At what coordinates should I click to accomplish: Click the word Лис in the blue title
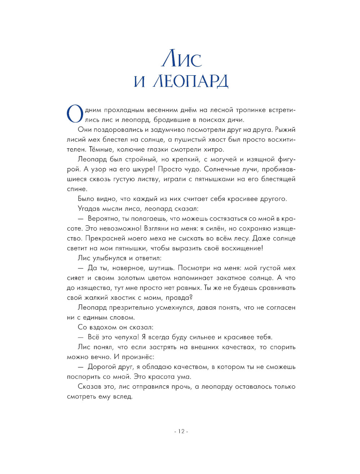[x=182, y=59]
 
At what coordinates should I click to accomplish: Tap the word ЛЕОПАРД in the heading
[x=190, y=81]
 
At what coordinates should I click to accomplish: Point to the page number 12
[x=181, y=431]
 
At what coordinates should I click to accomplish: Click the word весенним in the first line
[x=163, y=110]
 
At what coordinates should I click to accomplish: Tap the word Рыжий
[x=285, y=130]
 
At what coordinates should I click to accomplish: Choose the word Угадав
[x=89, y=209]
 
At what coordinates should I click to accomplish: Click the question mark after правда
[x=191, y=298]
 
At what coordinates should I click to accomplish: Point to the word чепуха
[x=125, y=337]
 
